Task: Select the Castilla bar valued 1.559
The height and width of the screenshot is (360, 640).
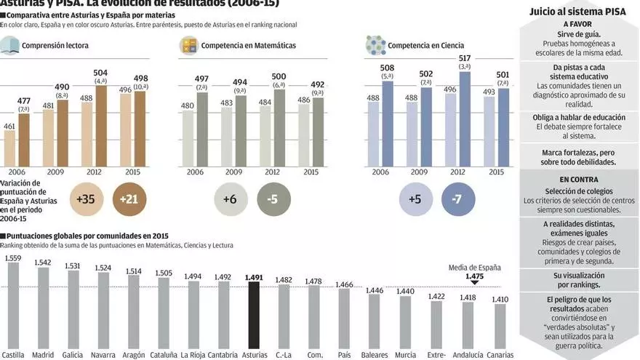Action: click(13, 305)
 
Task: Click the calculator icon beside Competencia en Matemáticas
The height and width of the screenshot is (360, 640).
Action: click(189, 45)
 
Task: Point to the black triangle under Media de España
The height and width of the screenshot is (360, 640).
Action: click(474, 282)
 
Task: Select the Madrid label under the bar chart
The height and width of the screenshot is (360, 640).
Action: click(43, 355)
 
